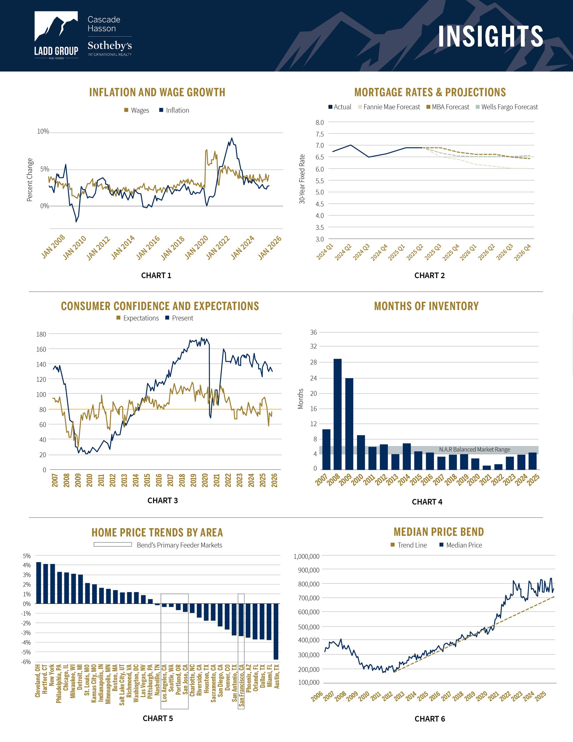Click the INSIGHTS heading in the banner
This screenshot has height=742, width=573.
490,36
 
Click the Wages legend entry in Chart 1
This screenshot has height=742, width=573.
136,111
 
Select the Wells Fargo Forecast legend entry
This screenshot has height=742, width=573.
506,107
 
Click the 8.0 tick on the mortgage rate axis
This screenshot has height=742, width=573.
319,122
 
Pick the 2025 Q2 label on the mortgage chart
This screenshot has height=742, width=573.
414,252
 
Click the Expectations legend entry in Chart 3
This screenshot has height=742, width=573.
138,318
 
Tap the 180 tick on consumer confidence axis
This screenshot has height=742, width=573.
41,334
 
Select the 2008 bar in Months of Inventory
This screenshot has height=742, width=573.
338,414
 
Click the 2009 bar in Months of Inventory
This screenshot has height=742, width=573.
349,423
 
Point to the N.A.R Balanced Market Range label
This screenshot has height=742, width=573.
474,450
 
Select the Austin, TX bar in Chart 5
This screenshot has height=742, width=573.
276,631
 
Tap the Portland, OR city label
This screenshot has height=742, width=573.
178,679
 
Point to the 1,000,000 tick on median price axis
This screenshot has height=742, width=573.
306,556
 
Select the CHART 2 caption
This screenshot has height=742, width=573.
429,275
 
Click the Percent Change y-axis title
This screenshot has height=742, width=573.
30,180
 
